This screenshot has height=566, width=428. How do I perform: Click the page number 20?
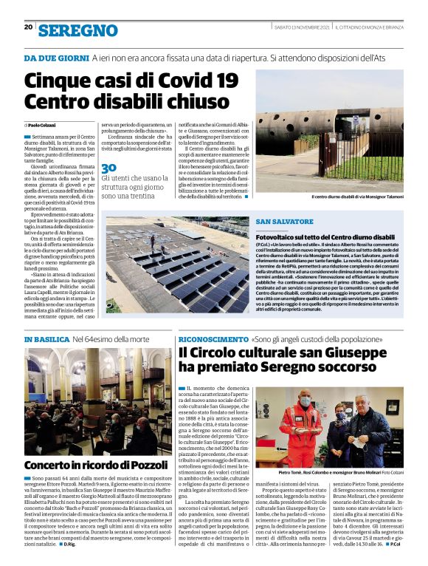(x=28, y=27)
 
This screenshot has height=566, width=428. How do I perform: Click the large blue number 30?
(x=108, y=168)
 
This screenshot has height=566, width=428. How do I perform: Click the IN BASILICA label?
(x=48, y=339)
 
